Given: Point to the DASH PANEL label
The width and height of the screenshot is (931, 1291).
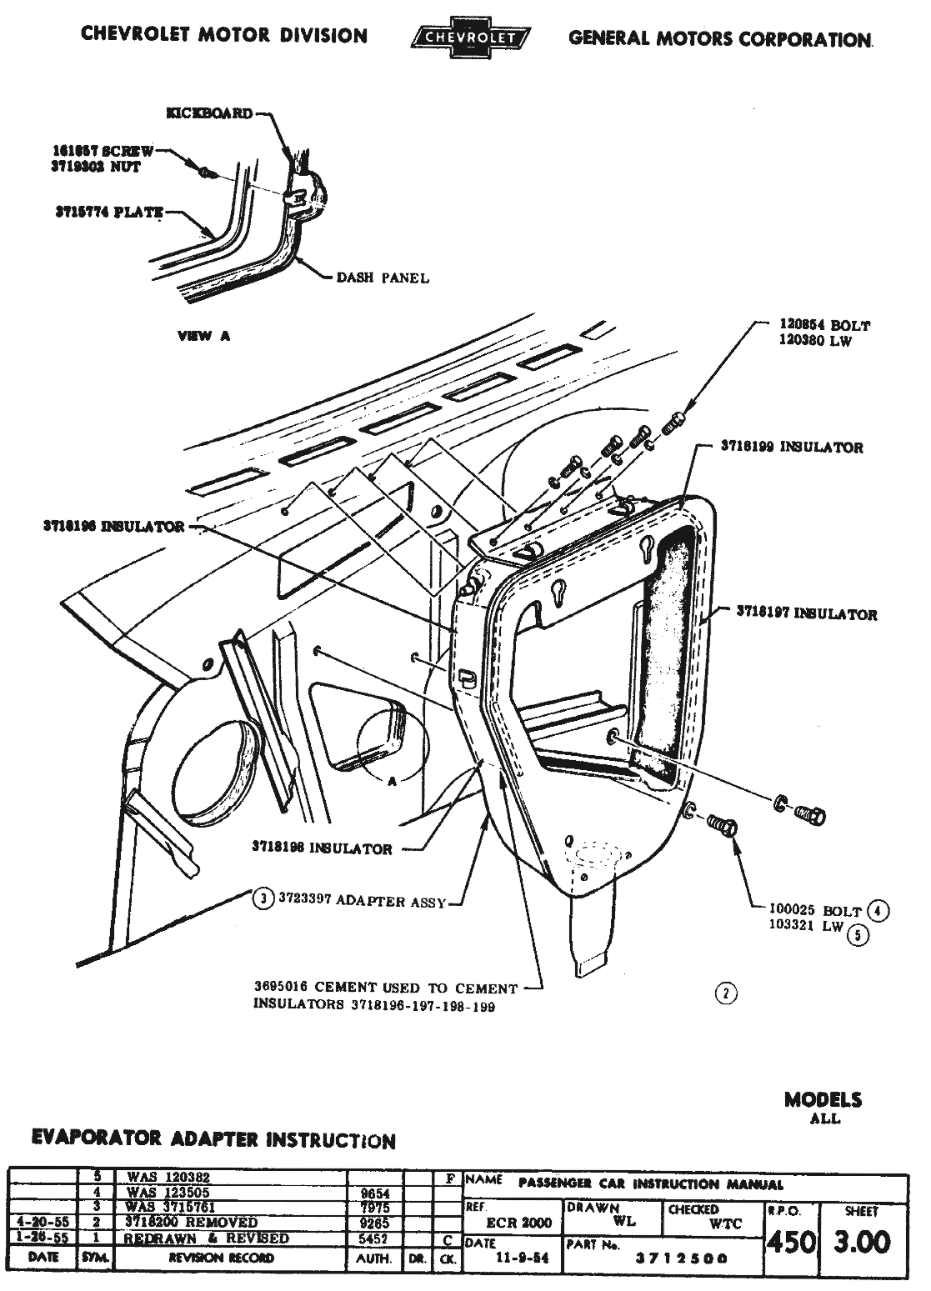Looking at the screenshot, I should (383, 278).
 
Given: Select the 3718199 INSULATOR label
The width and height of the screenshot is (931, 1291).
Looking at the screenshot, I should (792, 448).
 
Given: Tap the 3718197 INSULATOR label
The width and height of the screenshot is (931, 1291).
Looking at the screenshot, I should (807, 614).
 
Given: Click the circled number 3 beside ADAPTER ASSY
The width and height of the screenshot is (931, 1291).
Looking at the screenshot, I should (263, 898).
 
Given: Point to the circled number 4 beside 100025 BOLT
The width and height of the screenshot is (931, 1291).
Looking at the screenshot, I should (878, 910).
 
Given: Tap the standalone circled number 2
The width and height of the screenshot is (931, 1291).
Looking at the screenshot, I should (727, 993).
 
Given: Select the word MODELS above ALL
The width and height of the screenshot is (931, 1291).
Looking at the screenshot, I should (823, 1099).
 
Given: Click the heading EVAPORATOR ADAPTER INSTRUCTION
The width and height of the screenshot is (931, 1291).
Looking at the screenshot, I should (213, 1139).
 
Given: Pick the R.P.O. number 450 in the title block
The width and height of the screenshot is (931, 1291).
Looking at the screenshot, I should (791, 1243).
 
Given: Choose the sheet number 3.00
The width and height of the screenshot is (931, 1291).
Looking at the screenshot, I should (863, 1243).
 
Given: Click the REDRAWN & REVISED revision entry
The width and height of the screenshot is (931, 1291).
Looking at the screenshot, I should (207, 1238).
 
